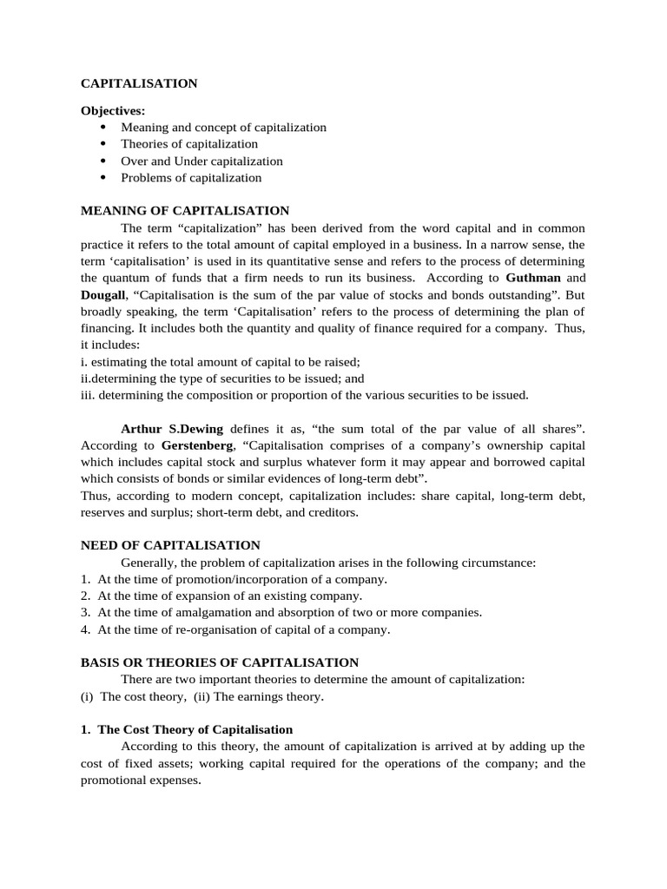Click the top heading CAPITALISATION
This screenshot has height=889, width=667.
pyautogui.click(x=139, y=84)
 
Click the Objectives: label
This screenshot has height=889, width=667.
pyautogui.click(x=114, y=110)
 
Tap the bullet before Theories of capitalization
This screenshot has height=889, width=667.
pyautogui.click(x=102, y=144)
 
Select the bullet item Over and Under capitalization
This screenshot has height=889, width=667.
pyautogui.click(x=201, y=161)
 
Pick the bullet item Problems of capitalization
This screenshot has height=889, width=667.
pyautogui.click(x=191, y=178)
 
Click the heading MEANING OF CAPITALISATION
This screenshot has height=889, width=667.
pyautogui.click(x=185, y=211)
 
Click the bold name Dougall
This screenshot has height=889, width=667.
pyautogui.click(x=102, y=295)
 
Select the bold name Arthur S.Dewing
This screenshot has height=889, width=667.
pyautogui.click(x=172, y=429)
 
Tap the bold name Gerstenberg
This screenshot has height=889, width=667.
pyautogui.click(x=197, y=445)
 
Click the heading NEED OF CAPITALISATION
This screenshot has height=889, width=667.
pyautogui.click(x=170, y=545)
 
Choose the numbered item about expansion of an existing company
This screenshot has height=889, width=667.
pyautogui.click(x=229, y=596)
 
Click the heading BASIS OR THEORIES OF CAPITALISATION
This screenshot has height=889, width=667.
pyautogui.click(x=220, y=662)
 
